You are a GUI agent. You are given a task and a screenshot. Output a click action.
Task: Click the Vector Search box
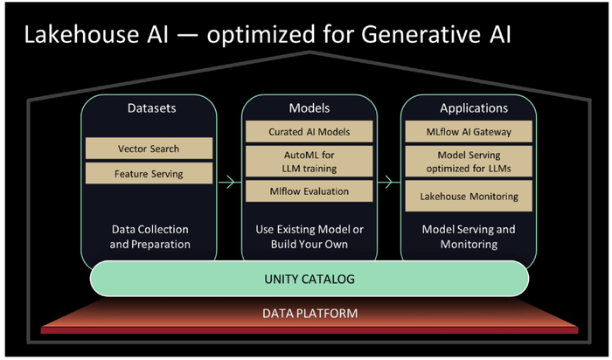click(149, 149)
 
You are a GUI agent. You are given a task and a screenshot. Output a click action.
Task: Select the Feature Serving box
click(149, 173)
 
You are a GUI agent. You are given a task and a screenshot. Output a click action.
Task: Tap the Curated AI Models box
click(309, 131)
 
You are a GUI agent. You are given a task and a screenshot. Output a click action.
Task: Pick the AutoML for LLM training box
click(309, 162)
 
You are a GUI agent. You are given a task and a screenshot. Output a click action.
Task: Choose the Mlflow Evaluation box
click(309, 191)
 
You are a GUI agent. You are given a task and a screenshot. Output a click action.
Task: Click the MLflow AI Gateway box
click(469, 131)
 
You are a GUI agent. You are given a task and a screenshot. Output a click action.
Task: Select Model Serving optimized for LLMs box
click(469, 162)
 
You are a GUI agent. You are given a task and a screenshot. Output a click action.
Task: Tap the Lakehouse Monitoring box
click(469, 196)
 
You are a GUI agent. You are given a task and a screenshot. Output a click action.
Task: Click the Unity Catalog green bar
click(309, 279)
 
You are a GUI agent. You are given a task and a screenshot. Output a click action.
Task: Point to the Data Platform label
click(309, 313)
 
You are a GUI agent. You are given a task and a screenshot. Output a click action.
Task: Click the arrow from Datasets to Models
click(229, 182)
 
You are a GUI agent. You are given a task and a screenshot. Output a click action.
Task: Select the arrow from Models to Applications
click(389, 182)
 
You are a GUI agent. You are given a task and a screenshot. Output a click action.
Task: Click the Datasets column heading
click(151, 108)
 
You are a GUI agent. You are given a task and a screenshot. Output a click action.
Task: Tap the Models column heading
click(309, 108)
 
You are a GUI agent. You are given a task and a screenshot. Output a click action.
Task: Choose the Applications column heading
click(474, 108)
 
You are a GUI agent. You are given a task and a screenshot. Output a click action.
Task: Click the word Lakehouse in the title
click(81, 34)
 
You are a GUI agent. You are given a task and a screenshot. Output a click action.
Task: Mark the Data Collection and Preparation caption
click(150, 237)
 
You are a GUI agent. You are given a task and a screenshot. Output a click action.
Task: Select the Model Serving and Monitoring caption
click(469, 237)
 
